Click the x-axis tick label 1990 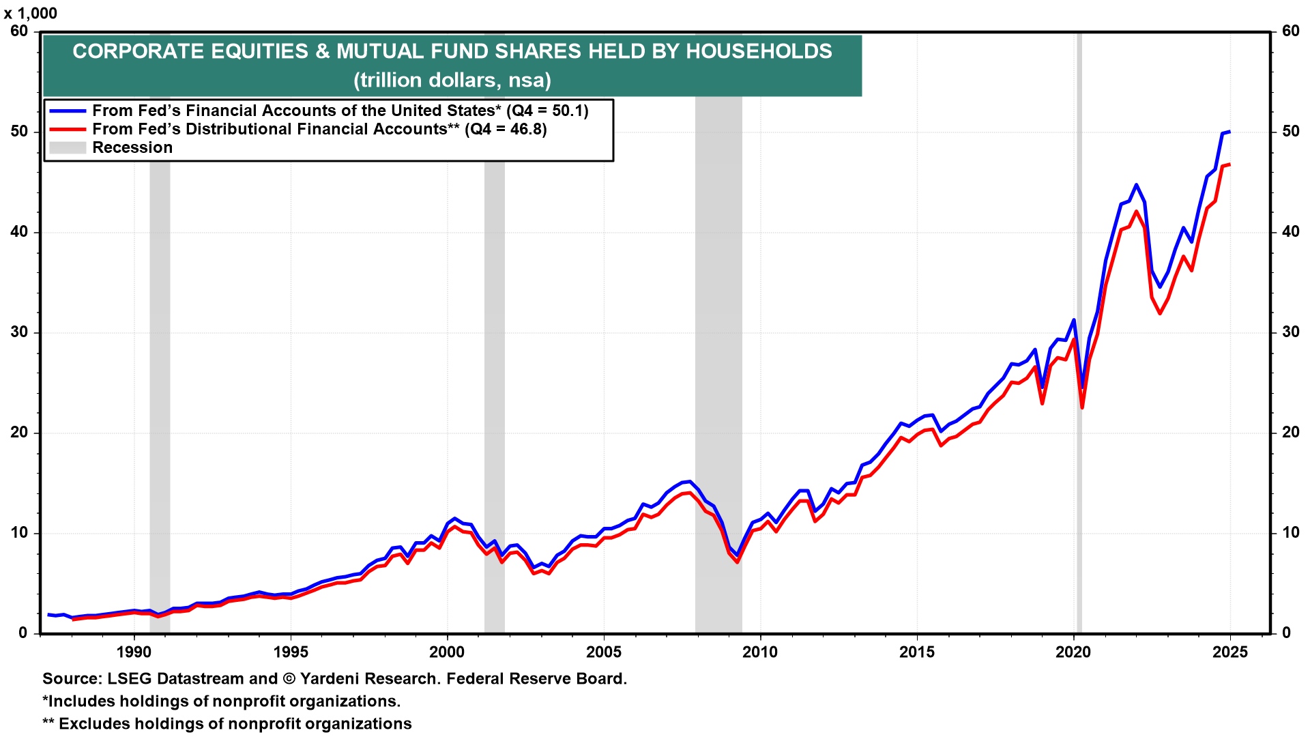tap(134, 652)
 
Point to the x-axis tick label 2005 tap(604, 652)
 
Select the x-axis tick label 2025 tap(1230, 652)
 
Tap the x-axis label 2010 tap(760, 652)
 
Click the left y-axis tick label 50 tap(19, 131)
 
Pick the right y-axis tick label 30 tap(1291, 332)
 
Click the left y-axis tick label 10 tap(19, 533)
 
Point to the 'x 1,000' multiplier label tap(31, 14)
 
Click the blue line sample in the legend tap(68, 111)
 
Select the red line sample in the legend tap(68, 129)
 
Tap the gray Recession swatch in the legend tap(68, 147)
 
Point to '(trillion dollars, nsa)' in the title tap(452, 81)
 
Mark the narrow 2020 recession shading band tap(1079, 341)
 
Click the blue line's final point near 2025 tap(1229, 131)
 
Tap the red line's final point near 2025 tap(1229, 164)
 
